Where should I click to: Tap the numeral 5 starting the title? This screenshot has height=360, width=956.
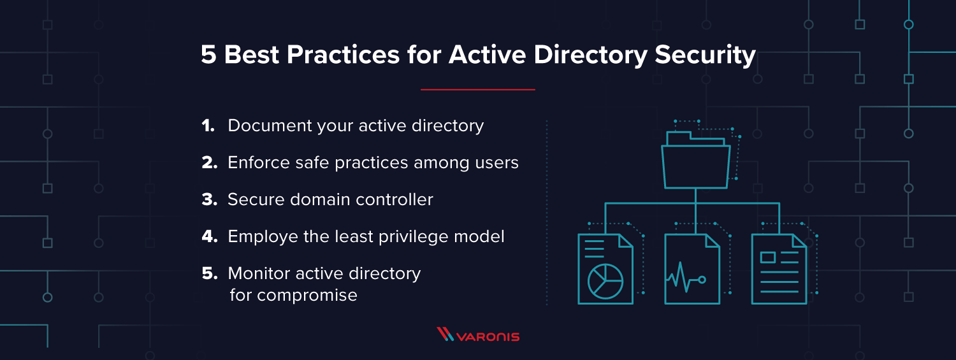coord(208,55)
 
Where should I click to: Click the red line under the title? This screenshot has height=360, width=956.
coord(477,90)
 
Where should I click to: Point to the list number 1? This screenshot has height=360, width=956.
coord(208,126)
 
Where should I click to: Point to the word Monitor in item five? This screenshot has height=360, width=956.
coord(259,273)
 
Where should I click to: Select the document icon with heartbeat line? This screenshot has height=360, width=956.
coord(692,268)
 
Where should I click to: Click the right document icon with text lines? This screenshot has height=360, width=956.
coord(779,268)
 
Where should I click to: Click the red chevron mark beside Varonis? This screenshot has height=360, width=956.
coord(445,335)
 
